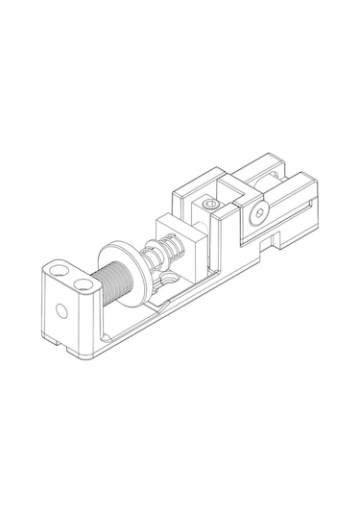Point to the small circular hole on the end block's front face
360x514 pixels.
coord(61,310)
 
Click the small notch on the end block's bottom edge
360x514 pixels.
coord(56,339)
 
